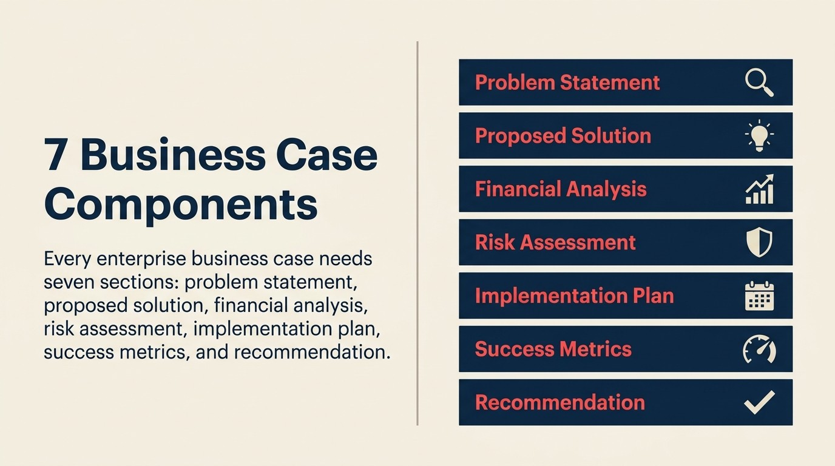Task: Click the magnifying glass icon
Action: tap(759, 83)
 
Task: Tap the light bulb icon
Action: tap(759, 135)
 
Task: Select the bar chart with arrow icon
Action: tap(759, 189)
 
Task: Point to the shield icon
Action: tap(759, 242)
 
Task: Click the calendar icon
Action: tap(759, 295)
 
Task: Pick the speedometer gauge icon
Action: tap(759, 349)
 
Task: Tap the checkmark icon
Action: tap(759, 402)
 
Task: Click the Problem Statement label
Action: tap(567, 83)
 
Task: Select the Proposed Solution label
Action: tap(563, 135)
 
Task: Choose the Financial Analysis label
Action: tap(561, 189)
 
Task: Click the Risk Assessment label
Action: tap(555, 242)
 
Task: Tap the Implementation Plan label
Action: tap(574, 295)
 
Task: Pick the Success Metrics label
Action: tap(553, 349)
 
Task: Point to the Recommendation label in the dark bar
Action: tap(559, 402)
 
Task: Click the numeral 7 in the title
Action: tap(56, 155)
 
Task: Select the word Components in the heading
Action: tap(181, 204)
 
